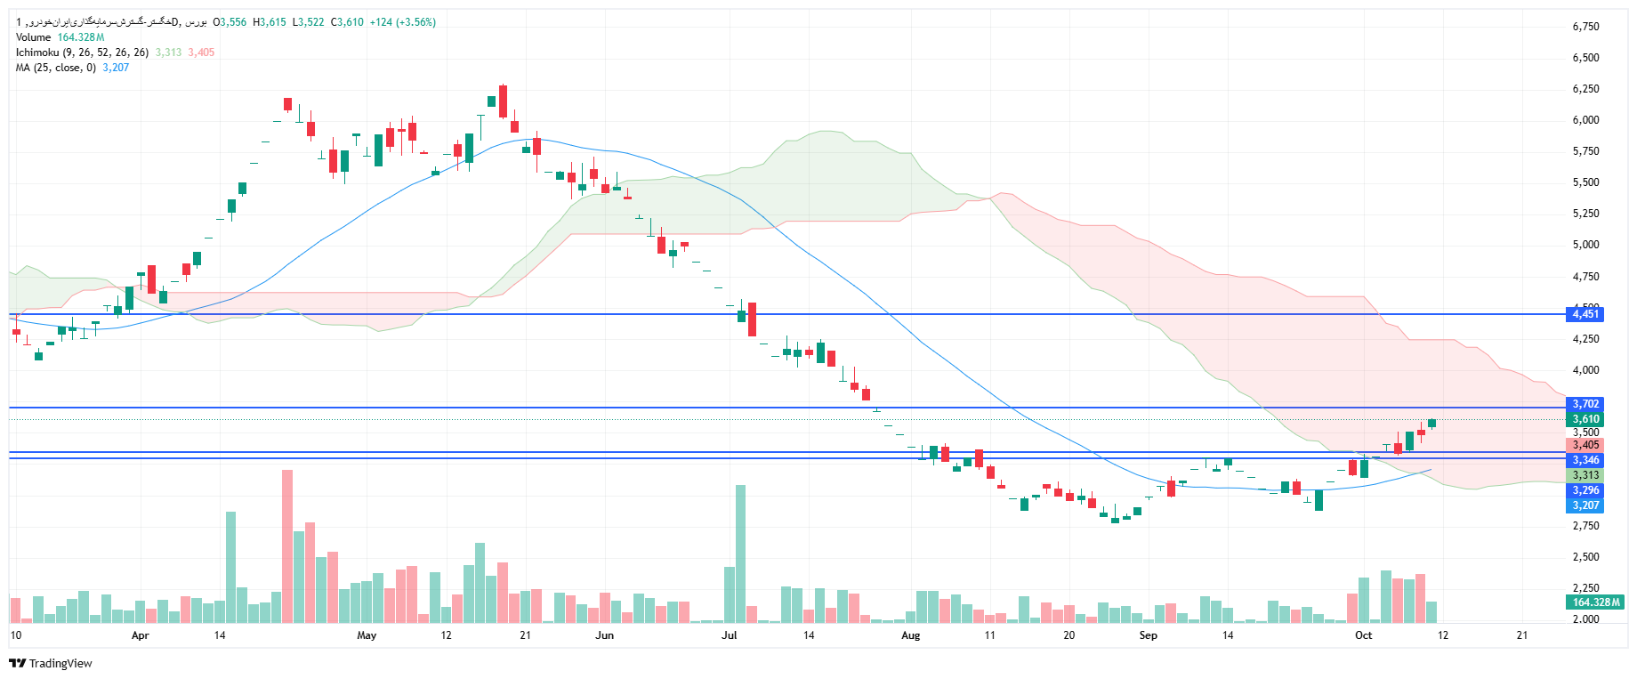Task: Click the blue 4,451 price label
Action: (1585, 314)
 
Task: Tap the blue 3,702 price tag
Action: (1585, 404)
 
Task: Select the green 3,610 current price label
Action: (1585, 419)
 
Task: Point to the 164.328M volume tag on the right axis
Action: (1596, 602)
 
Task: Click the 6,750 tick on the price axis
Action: (1585, 27)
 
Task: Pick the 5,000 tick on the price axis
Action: (1585, 245)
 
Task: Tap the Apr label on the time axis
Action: (140, 635)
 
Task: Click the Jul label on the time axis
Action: (730, 635)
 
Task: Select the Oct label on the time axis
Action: (1363, 635)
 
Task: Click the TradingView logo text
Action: (60, 664)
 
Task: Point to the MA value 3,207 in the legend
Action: (116, 68)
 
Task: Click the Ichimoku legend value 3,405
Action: (201, 53)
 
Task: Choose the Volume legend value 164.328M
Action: (81, 37)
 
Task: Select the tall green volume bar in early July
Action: (740, 552)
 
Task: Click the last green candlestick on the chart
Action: (1431, 424)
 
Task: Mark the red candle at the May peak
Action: (504, 101)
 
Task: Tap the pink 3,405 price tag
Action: (1585, 445)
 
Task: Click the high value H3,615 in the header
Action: (270, 22)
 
